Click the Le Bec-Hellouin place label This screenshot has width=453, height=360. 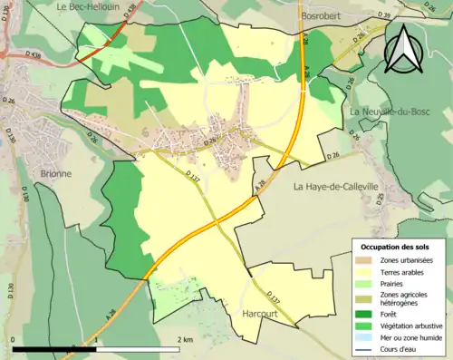pos(88,6)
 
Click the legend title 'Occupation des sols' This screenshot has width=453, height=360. pos(396,247)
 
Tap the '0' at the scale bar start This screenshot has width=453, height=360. pos(13,339)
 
